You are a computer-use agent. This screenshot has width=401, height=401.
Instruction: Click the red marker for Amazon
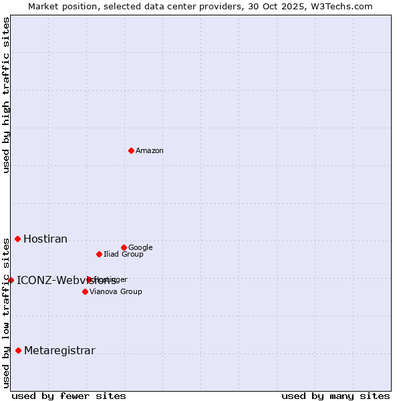131,150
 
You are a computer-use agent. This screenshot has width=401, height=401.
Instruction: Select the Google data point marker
124,247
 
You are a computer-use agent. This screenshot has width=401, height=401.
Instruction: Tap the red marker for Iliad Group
99,254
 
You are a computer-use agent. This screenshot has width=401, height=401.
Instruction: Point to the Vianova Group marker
85,291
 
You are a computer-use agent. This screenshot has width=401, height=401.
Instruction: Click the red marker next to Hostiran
18,239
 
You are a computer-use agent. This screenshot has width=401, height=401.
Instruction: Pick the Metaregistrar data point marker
18,350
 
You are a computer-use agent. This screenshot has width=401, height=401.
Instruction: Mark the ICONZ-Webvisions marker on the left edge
11,280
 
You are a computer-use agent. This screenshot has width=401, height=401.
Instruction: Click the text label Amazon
150,151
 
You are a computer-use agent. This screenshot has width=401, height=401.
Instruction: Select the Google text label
140,248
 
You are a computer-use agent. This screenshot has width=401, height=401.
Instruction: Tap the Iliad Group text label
124,255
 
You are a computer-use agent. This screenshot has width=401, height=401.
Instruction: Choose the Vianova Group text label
116,292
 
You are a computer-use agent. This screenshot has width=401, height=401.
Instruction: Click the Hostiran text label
45,239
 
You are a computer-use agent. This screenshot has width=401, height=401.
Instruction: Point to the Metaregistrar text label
59,351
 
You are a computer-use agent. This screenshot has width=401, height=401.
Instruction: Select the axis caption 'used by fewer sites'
69,396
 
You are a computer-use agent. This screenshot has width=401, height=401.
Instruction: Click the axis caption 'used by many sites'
336,396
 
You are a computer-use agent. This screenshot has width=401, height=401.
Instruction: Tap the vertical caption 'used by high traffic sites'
6,95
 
